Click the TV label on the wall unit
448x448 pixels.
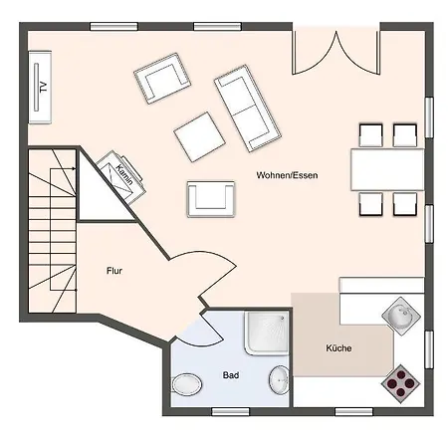(43, 87)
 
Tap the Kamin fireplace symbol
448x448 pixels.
(121, 177)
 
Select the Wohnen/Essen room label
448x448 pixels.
(287, 175)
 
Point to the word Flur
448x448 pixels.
(114, 271)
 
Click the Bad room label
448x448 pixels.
(231, 375)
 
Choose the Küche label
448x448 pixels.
(338, 348)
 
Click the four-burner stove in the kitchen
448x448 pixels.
(401, 384)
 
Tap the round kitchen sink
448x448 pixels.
(401, 316)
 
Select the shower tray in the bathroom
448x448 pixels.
(267, 333)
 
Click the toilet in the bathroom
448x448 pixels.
(186, 384)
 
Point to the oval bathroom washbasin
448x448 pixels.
(279, 380)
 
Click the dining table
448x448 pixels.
(387, 169)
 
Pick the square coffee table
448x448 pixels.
(200, 136)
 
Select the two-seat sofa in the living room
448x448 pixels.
(248, 109)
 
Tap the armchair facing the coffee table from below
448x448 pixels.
(211, 199)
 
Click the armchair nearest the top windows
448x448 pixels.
(162, 79)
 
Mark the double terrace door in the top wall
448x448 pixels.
(336, 53)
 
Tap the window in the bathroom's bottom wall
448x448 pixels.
(230, 412)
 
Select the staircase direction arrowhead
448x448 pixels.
(74, 169)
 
